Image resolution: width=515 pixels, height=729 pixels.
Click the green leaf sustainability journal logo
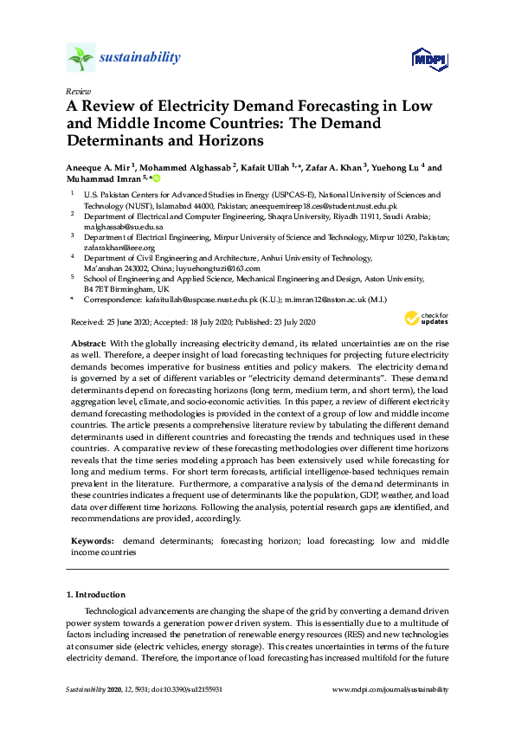80,58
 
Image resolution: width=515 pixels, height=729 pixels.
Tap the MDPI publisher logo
428,60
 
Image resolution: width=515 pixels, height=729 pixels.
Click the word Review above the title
77,90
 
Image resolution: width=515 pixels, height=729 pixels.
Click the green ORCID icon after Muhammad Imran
158,178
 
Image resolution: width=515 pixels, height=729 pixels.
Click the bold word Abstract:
94,344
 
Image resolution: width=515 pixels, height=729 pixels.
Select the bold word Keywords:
94,540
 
